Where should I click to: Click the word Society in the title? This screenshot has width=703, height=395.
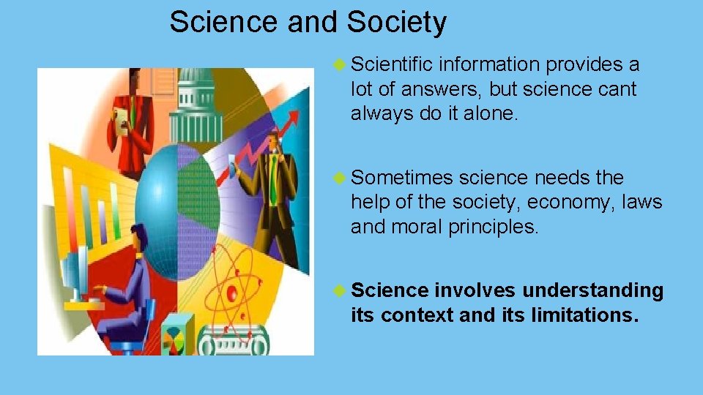396,23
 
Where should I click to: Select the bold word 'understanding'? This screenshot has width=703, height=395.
592,291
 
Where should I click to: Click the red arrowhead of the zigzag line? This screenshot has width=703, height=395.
294,117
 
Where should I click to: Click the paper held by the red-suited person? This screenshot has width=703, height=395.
118,121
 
